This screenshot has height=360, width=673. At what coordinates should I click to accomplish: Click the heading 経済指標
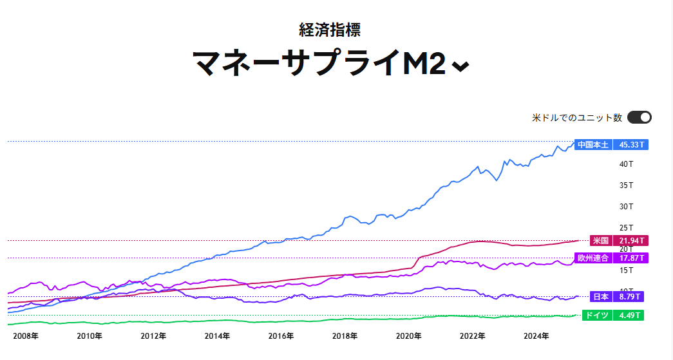329,29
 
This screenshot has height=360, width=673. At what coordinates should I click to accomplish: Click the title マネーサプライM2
319,63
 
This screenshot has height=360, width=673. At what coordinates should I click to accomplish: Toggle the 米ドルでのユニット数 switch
639,117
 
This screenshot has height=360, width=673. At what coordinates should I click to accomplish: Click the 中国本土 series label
593,145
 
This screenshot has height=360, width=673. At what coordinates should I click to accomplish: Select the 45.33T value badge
630,145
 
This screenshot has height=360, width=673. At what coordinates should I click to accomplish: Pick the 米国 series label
601,240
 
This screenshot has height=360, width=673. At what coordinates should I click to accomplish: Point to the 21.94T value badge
630,240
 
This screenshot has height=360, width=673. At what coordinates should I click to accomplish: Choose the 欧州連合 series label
593,258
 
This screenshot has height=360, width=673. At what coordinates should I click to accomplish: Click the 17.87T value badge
630,258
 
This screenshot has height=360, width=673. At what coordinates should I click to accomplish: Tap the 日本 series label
601,297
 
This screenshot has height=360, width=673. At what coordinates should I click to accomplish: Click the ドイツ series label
596,316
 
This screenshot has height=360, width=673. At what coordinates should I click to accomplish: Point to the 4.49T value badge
628,316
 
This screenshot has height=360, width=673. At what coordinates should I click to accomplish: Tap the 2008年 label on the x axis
26,336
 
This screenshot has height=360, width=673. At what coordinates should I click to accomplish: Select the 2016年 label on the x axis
281,336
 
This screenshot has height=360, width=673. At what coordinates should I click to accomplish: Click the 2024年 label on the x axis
536,336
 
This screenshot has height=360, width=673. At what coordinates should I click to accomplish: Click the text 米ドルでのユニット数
576,118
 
